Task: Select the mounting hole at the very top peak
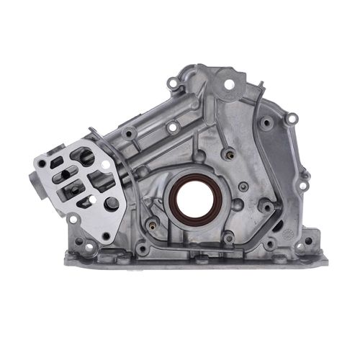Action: (x=230, y=84)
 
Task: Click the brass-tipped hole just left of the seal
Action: (x=152, y=224)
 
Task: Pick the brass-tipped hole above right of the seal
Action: (x=229, y=153)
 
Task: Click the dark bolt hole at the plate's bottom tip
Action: (x=106, y=235)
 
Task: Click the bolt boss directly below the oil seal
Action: (x=228, y=237)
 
